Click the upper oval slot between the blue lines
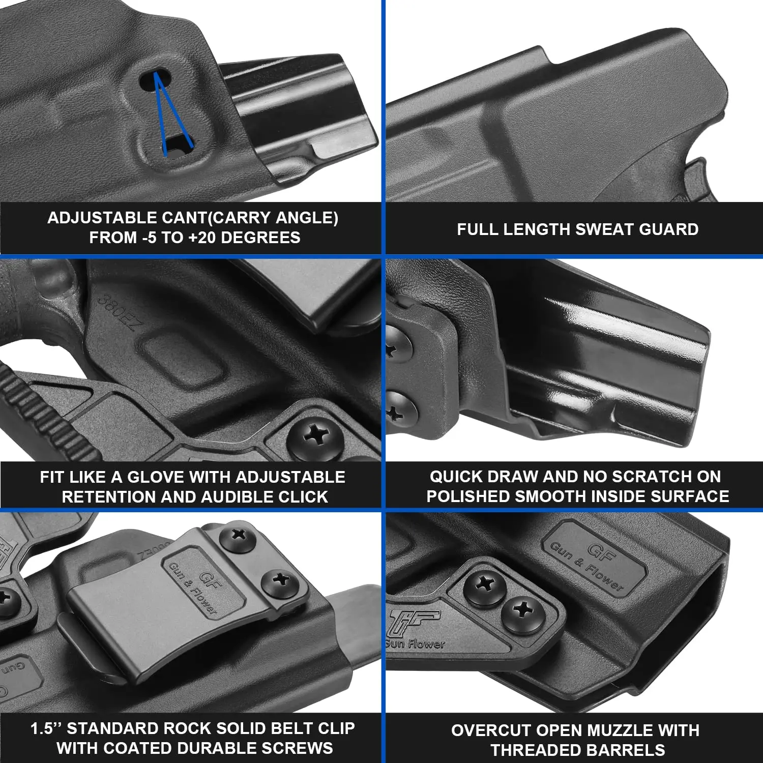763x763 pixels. pos(155,79)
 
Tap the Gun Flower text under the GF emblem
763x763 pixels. pos(415,644)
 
